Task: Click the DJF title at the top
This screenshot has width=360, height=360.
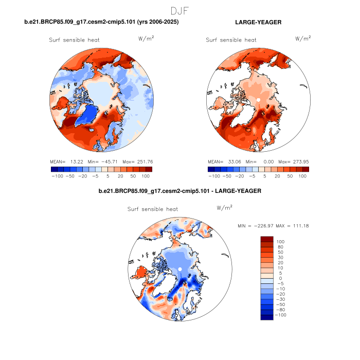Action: tap(180, 10)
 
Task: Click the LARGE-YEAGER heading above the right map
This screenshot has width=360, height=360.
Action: tap(259, 22)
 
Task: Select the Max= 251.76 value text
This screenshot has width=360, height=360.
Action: tap(140, 161)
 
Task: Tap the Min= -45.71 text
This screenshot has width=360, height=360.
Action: tap(103, 161)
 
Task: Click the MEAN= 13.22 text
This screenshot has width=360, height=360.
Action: tap(66, 161)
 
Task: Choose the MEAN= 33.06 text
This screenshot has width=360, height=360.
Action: tap(222, 161)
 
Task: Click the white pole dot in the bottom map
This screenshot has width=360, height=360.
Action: tap(180, 269)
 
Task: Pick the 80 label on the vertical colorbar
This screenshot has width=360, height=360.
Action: tap(280, 247)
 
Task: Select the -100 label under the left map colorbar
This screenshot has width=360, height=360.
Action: tap(57, 176)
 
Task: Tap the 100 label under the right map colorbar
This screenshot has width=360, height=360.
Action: tap(302, 176)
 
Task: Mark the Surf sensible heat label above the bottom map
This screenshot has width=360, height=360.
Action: tap(153, 209)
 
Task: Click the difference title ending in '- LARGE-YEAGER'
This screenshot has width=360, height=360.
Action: tap(180, 191)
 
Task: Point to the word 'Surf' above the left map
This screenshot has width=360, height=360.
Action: tap(56, 40)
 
